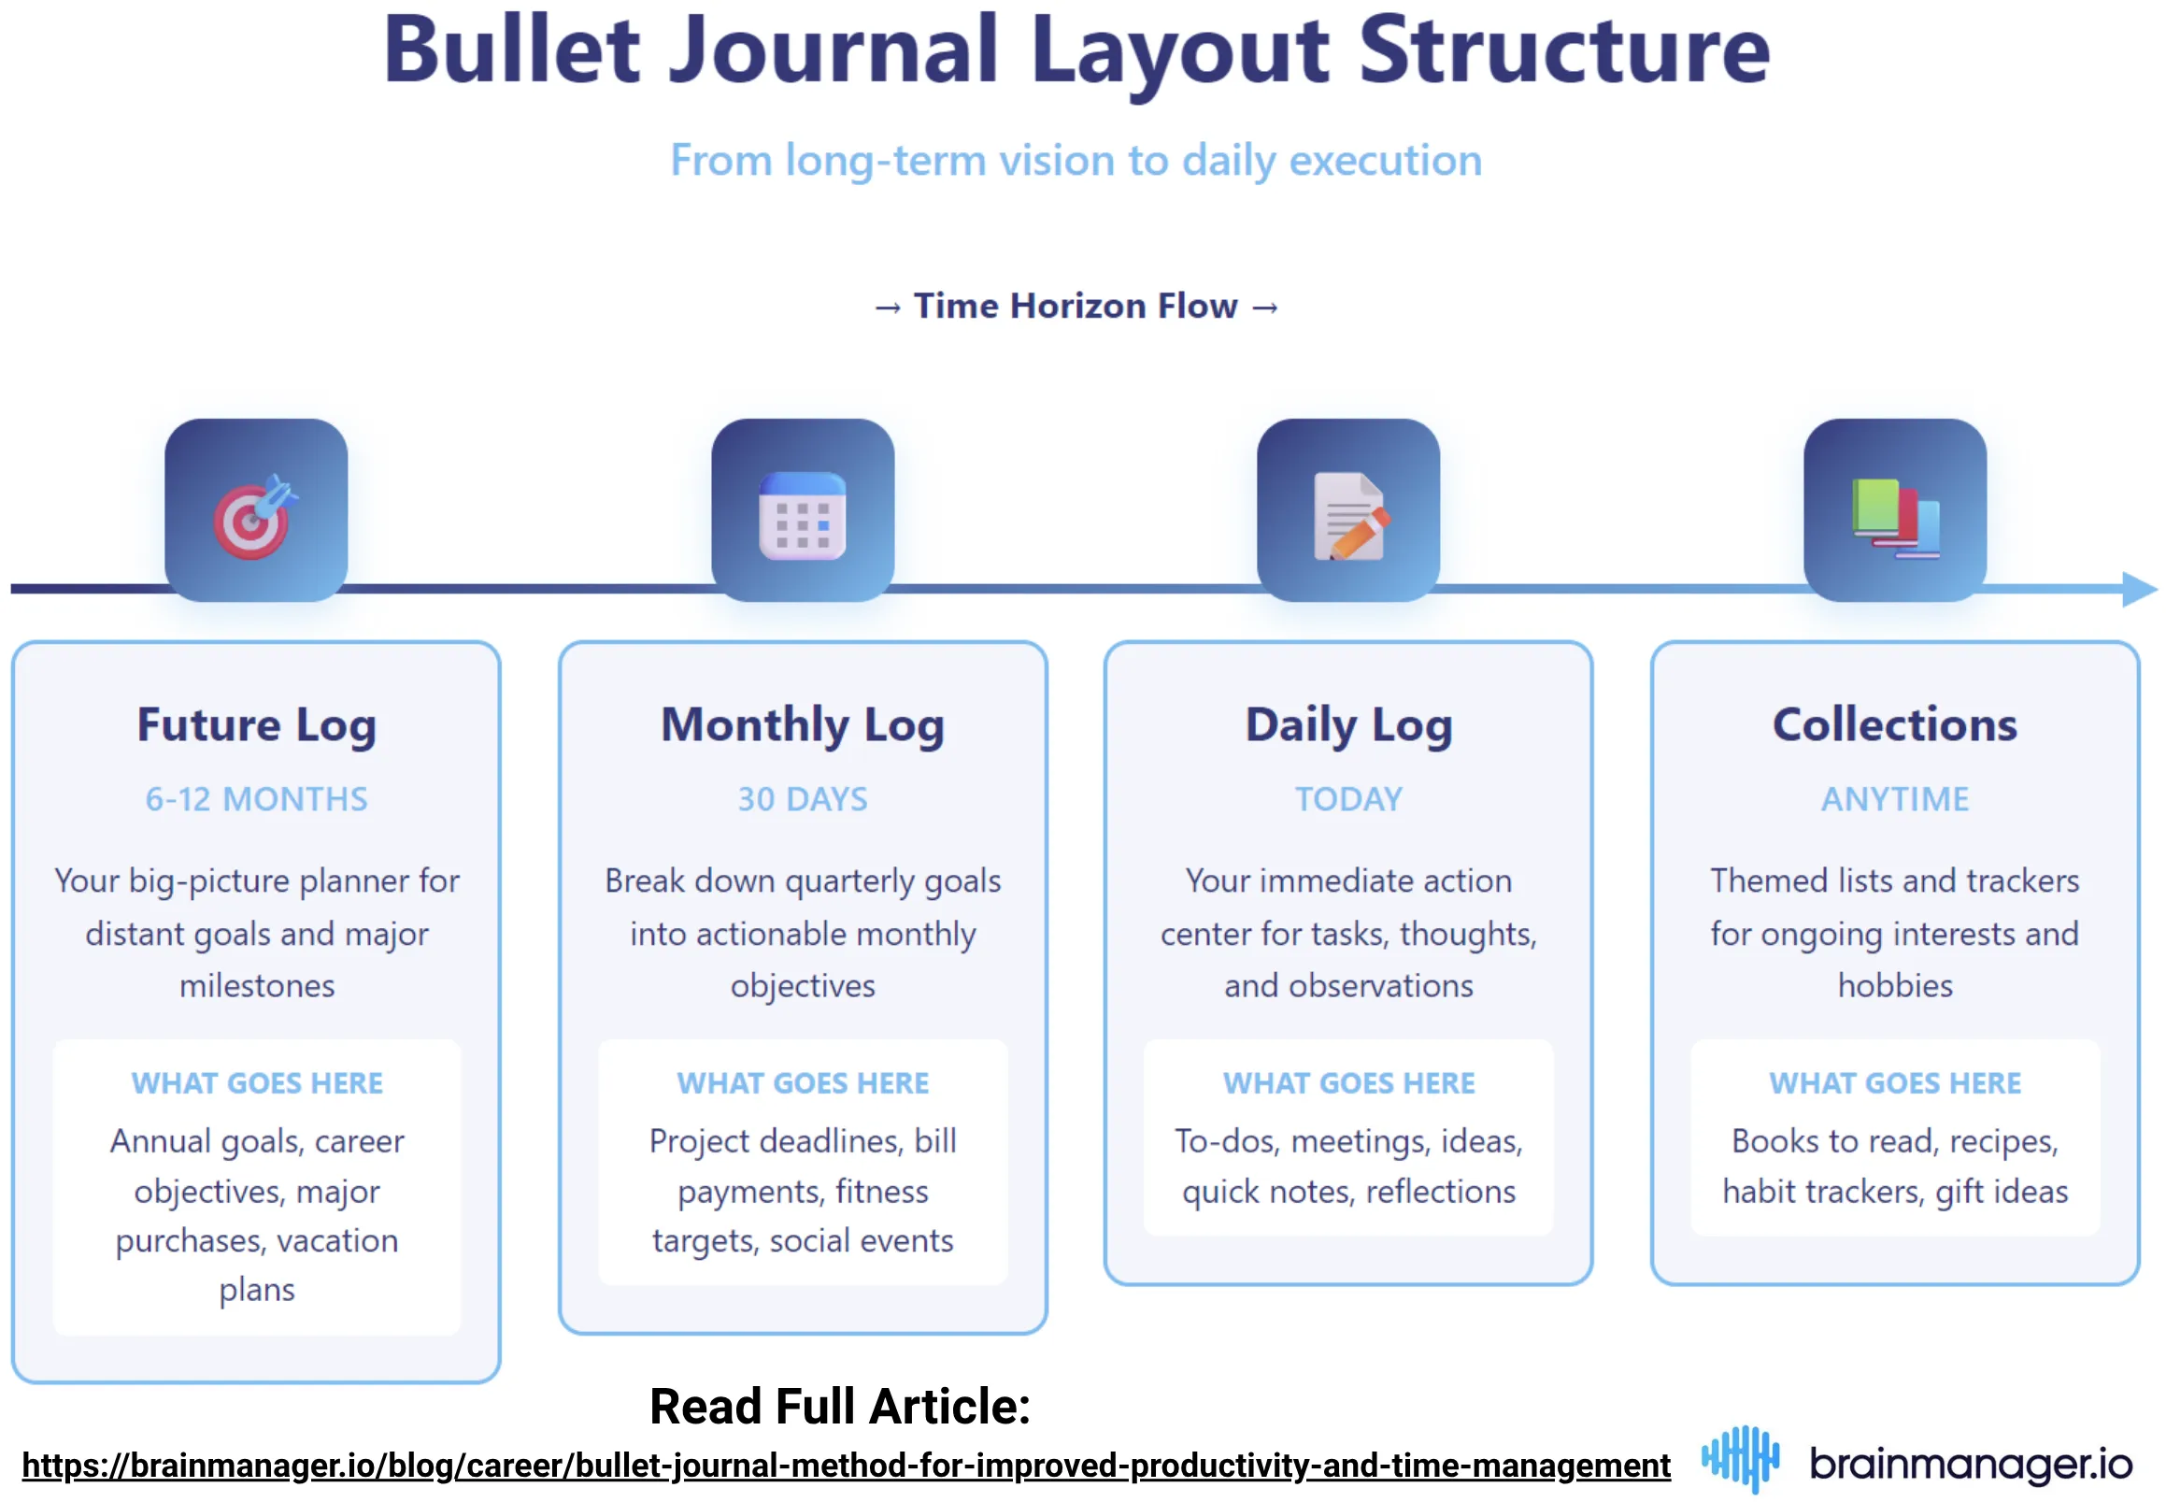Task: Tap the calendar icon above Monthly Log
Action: pos(802,515)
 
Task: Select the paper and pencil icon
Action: pos(1347,515)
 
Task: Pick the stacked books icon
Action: pos(1894,517)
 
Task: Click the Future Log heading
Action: pos(256,725)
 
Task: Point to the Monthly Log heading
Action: pos(802,725)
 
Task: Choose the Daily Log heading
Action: pos(1348,725)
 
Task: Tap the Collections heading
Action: pos(1894,725)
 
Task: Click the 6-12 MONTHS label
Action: pos(256,799)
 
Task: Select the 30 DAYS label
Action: pos(802,799)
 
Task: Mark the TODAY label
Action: pos(1348,799)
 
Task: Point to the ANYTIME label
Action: pos(1894,799)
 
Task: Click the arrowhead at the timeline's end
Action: pos(2140,589)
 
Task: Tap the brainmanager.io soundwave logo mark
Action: pos(1740,1458)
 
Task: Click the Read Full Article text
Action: pos(839,1407)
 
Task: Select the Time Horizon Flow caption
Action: pos(1076,306)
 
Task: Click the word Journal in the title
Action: pos(833,50)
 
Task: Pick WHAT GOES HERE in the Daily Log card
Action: pos(1348,1083)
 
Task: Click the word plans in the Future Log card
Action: pos(257,1290)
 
